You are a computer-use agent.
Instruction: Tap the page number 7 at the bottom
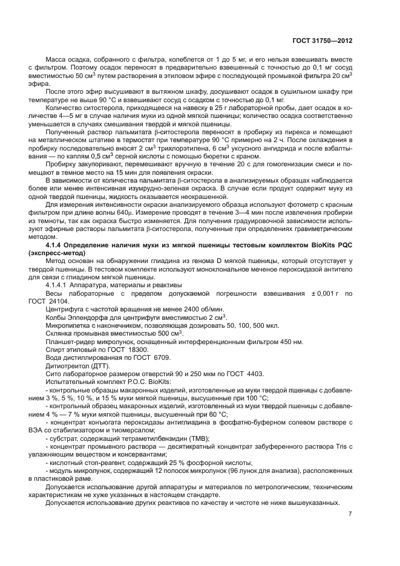click(x=350, y=514)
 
